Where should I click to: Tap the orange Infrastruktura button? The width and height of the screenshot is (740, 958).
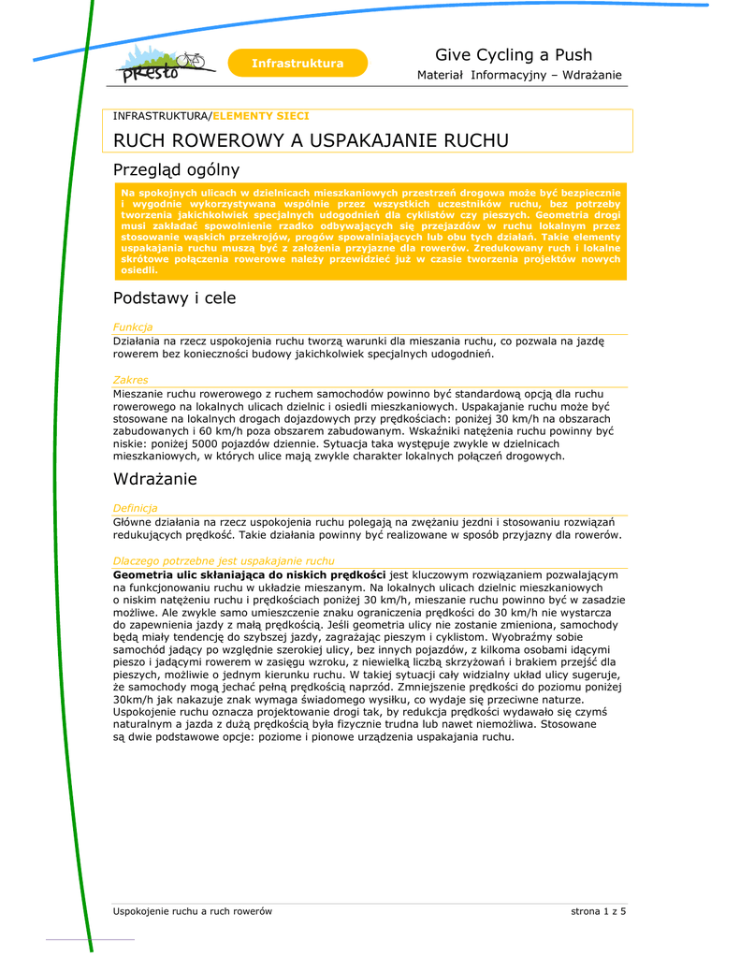(x=297, y=64)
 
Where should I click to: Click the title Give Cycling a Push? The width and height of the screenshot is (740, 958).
(x=513, y=55)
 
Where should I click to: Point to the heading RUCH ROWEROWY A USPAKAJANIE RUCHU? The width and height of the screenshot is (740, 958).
(x=311, y=140)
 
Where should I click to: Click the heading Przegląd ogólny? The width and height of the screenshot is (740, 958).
(x=176, y=170)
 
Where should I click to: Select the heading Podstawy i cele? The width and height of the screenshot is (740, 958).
(x=174, y=298)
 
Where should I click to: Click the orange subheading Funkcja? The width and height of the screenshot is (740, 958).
(x=133, y=327)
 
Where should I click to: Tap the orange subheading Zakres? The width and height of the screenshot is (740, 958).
(x=130, y=380)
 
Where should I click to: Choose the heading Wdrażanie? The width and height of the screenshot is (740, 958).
(x=154, y=479)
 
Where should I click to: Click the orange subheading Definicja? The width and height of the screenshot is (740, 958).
(x=136, y=508)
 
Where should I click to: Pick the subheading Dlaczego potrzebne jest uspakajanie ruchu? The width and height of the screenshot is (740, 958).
(x=223, y=560)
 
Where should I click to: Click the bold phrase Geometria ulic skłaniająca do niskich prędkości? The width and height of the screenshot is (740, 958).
(x=249, y=573)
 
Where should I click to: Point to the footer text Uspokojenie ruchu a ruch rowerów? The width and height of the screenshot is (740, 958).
(x=192, y=911)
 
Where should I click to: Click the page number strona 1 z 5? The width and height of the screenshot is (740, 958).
(x=598, y=911)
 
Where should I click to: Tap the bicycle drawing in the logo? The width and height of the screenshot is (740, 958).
(x=191, y=60)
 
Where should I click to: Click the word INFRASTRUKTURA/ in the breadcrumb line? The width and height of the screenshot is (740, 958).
(x=163, y=116)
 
